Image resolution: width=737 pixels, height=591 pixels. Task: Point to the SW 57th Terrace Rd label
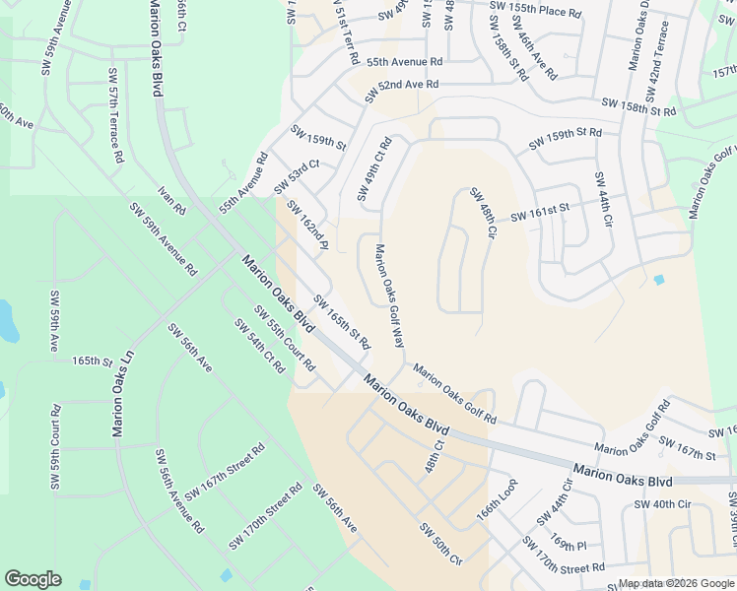(x=116, y=115)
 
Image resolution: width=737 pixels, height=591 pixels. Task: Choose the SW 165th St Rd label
(x=341, y=322)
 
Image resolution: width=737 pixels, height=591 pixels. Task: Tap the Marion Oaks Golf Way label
(x=388, y=296)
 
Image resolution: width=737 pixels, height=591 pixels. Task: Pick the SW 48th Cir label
(x=482, y=213)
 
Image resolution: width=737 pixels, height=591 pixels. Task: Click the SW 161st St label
(x=540, y=212)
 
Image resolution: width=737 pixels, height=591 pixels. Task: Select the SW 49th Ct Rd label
(x=374, y=170)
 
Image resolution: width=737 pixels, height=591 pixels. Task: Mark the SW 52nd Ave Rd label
(x=401, y=90)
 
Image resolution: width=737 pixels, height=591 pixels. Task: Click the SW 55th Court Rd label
(x=284, y=338)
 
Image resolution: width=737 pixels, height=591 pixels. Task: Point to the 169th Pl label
(x=569, y=545)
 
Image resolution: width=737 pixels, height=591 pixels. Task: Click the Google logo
(x=33, y=579)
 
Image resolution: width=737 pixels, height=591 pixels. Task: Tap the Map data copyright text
(x=676, y=583)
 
